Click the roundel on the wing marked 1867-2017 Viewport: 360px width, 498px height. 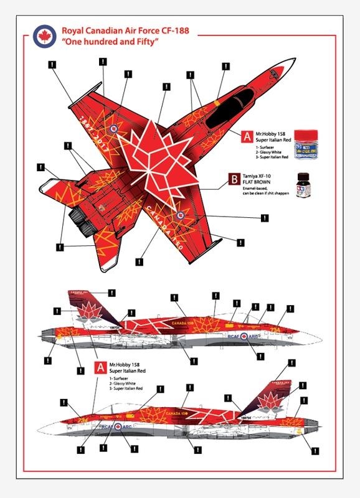(x=114, y=129)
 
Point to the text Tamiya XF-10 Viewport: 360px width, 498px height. (x=268, y=177)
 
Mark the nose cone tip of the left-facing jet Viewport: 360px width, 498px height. (x=39, y=429)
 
